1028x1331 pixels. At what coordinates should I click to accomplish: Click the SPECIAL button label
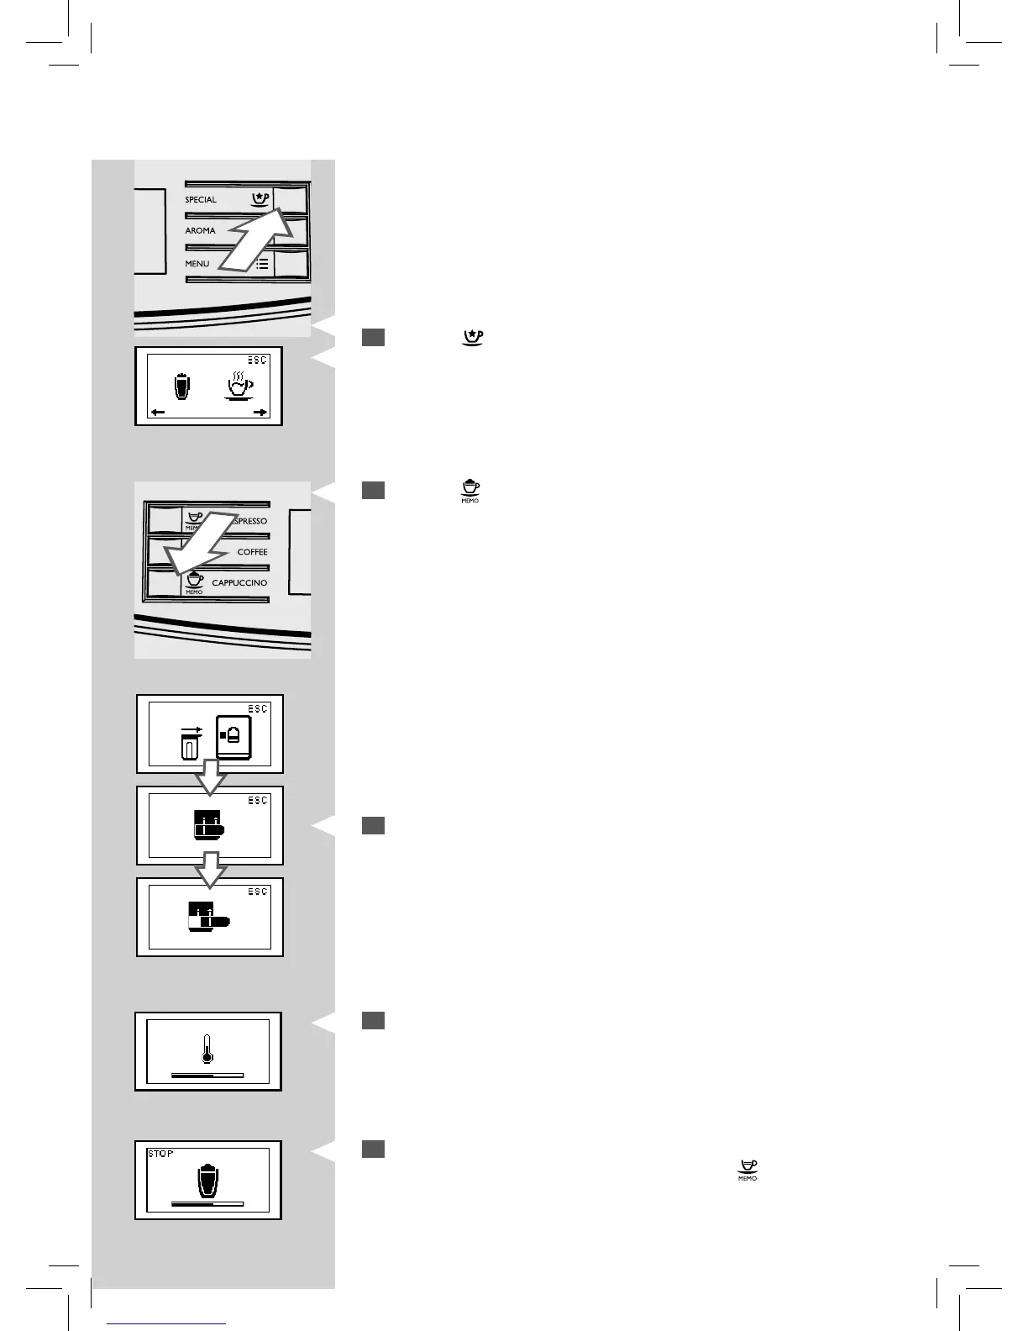pos(201,200)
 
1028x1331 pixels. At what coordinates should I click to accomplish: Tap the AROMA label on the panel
pos(200,230)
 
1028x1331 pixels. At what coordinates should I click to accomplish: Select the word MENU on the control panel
pos(197,264)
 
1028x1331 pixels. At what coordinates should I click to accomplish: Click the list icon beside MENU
pos(262,263)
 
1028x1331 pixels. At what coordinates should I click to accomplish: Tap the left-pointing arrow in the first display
pos(157,413)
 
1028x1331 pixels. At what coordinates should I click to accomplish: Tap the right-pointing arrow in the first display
pos(260,413)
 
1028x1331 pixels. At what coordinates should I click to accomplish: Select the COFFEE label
pos(252,552)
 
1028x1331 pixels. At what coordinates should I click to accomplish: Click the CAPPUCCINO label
pos(239,582)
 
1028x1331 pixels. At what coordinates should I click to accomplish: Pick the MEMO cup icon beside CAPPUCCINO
pos(195,581)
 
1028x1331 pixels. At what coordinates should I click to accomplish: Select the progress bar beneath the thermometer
pos(207,1075)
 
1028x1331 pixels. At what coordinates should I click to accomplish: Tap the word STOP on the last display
pos(160,1154)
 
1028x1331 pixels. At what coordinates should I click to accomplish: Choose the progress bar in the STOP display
pos(207,1204)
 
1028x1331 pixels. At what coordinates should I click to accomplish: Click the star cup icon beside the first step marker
pos(474,337)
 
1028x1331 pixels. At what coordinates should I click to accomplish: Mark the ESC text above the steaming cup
pos(258,360)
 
